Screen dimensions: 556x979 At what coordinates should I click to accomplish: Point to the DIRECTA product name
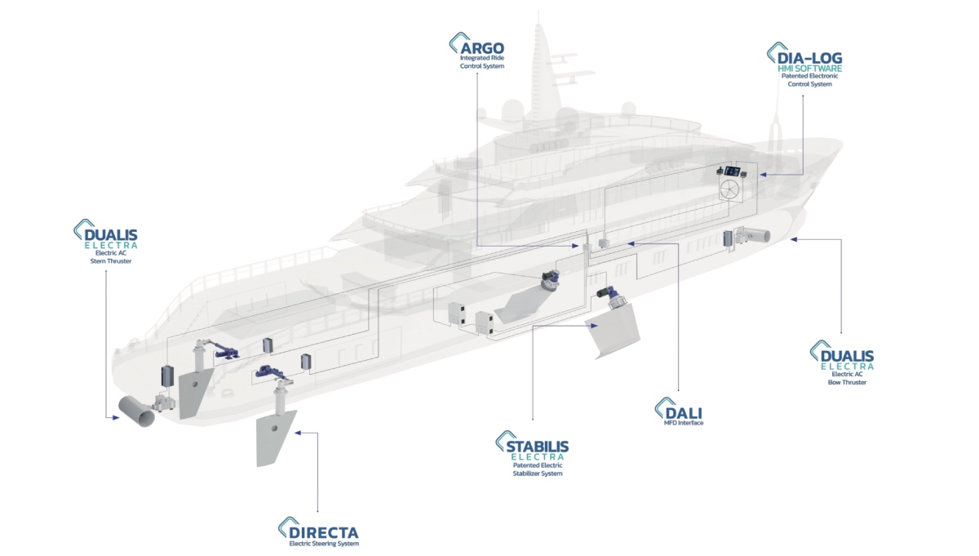326,530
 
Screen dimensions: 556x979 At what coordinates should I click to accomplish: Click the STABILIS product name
536,446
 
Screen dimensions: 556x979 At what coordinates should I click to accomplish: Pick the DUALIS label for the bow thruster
848,356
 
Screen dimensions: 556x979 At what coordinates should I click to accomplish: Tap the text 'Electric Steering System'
324,543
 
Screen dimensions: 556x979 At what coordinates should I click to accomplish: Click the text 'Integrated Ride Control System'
482,62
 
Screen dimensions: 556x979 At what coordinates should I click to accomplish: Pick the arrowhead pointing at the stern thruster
115,417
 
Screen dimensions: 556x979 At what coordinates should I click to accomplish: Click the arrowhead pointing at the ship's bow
794,240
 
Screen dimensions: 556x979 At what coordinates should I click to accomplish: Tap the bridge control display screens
731,171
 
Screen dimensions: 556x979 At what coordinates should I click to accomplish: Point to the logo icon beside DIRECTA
286,527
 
